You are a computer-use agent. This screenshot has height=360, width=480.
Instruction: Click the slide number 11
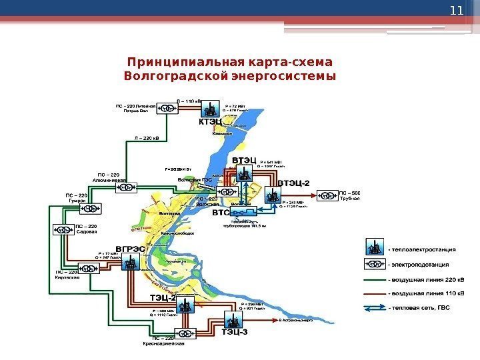coord(456,11)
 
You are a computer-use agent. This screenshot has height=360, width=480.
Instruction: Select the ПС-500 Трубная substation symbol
coord(327,195)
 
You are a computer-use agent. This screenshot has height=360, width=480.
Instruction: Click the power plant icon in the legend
coord(375,248)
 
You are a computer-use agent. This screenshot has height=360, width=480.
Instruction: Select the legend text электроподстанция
coord(421,263)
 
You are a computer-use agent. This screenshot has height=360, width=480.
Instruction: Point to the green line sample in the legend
coord(375,278)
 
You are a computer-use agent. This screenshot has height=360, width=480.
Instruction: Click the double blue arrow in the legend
coord(375,307)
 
